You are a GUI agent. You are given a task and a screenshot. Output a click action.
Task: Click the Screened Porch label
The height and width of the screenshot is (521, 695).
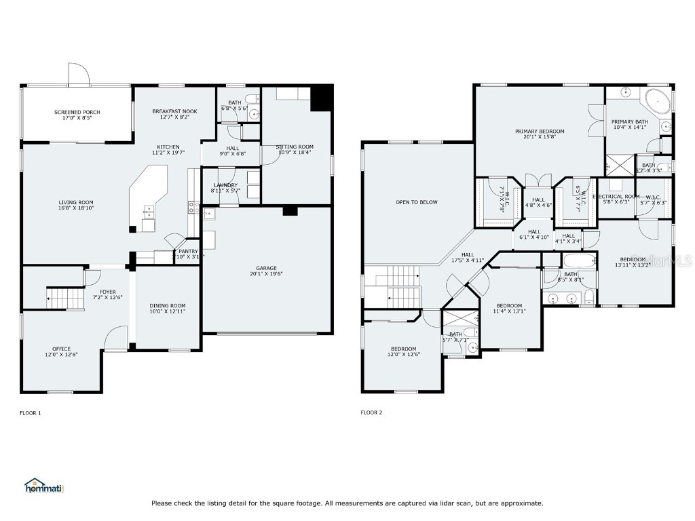tap(77, 115)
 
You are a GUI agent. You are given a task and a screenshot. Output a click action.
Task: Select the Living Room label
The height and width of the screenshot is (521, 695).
tap(76, 206)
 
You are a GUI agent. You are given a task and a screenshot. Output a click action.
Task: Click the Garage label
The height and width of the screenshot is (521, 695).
tap(266, 271)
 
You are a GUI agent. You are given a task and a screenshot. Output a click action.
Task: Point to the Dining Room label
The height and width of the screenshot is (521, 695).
tap(168, 308)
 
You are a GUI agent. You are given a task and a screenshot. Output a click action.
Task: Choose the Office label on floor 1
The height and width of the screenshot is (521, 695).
tap(61, 351)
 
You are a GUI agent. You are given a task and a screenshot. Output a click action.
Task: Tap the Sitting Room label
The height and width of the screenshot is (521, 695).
tap(295, 150)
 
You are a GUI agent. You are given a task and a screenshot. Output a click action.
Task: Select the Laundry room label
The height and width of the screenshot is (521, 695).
tap(226, 188)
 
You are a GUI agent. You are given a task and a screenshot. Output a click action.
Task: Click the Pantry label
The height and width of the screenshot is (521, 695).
tap(188, 254)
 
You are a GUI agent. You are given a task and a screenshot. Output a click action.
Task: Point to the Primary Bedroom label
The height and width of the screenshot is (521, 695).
tap(540, 134)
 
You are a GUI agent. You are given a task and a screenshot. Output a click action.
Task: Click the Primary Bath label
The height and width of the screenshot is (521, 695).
tap(631, 124)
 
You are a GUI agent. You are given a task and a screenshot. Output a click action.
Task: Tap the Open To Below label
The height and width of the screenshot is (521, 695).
tap(417, 202)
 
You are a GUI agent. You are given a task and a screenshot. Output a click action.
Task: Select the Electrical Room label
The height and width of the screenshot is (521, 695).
tap(617, 199)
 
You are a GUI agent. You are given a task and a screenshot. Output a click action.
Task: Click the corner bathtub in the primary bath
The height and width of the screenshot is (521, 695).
tap(657, 100)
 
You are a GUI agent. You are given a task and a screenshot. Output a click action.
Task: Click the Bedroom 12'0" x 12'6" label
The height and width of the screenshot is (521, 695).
tap(403, 351)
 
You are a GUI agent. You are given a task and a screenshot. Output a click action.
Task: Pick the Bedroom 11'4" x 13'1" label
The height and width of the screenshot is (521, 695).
tap(509, 309)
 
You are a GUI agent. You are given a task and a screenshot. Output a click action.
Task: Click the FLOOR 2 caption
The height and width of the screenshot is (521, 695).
tap(371, 412)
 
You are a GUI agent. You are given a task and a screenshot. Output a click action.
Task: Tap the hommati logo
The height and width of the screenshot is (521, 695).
tap(43, 486)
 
